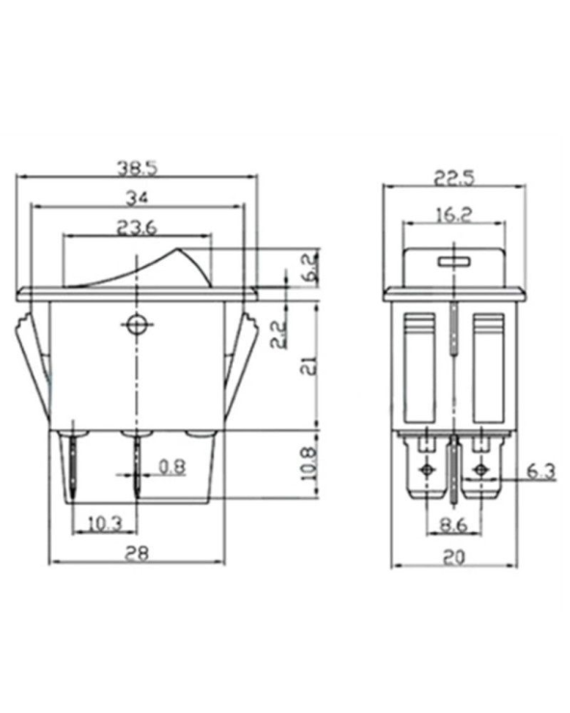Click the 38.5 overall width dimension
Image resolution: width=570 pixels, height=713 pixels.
pyautogui.click(x=138, y=167)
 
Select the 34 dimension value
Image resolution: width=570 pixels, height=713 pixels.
pyautogui.click(x=137, y=198)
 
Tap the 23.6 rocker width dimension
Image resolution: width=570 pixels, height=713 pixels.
pyautogui.click(x=138, y=228)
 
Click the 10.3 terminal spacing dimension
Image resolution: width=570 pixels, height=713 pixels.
pyautogui.click(x=104, y=524)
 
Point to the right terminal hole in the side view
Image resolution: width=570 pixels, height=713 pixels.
pyautogui.click(x=480, y=471)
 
